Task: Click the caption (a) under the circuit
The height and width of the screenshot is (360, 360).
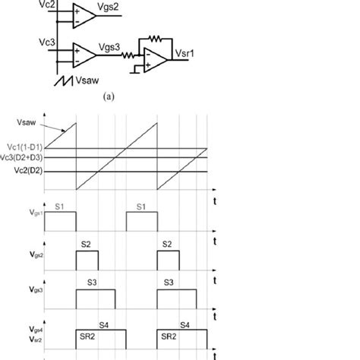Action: [112, 97]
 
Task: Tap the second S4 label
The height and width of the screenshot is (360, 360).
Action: [183, 325]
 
